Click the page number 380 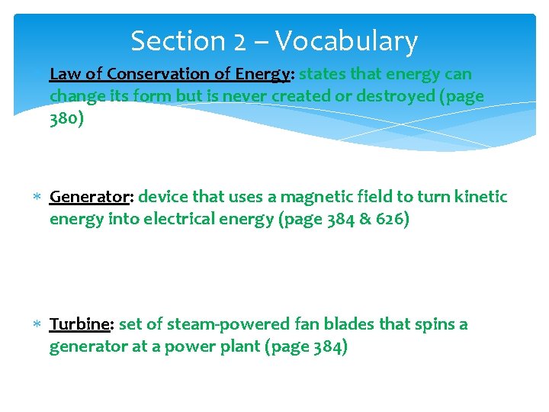click(65, 120)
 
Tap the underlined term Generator click(90, 197)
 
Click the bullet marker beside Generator click(38, 198)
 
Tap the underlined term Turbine click(80, 324)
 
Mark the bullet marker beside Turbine click(38, 325)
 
